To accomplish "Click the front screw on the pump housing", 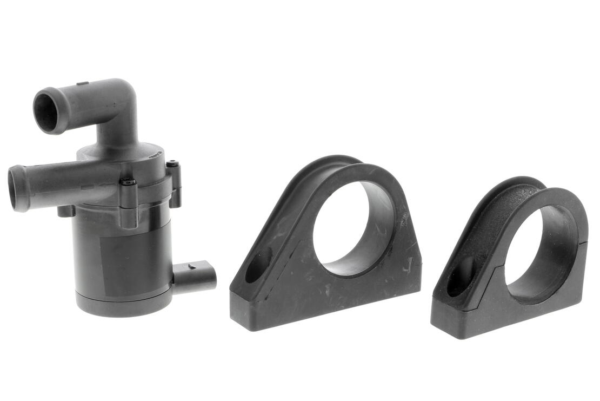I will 128,182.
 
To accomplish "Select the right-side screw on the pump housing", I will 172,163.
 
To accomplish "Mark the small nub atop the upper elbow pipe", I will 82,84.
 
